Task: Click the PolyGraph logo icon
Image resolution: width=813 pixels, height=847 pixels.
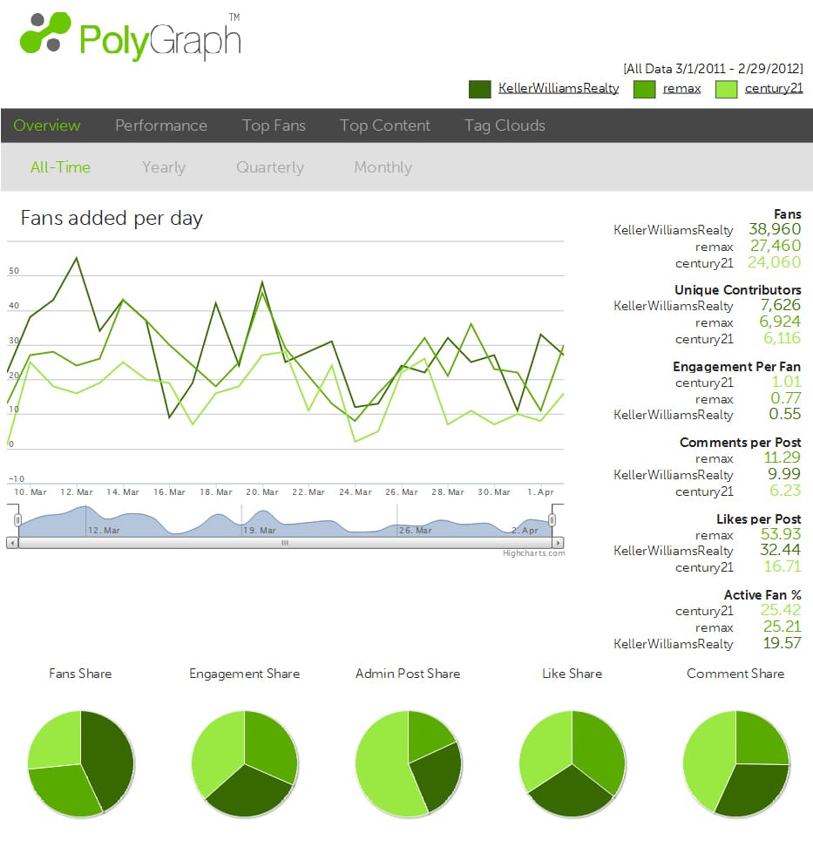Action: tap(44, 35)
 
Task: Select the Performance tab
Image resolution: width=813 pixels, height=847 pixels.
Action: tap(161, 125)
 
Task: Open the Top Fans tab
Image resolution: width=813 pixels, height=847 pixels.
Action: tap(274, 125)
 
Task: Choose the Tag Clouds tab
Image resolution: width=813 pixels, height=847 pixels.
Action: tap(505, 125)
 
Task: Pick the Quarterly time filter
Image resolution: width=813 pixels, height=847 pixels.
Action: tap(270, 167)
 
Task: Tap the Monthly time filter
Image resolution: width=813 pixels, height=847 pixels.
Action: tap(383, 167)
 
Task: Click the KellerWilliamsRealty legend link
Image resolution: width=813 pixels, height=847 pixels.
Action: tap(559, 88)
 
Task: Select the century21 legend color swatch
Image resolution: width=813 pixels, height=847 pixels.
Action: tap(727, 89)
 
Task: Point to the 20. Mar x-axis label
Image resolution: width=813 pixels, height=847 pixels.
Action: tap(261, 492)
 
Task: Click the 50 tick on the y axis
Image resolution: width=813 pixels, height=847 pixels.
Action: tap(14, 272)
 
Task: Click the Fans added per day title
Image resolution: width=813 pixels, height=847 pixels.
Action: tap(112, 218)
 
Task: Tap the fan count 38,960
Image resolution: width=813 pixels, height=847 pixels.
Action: tap(775, 230)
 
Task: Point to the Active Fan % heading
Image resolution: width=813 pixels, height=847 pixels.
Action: tap(762, 595)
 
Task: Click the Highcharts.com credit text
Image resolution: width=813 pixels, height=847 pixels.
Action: tap(533, 553)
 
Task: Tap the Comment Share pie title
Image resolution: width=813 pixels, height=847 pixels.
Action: tap(735, 674)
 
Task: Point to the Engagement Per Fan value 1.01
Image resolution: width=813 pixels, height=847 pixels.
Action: tap(786, 383)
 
